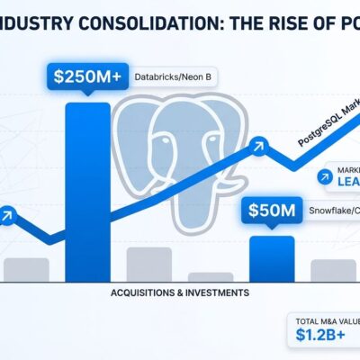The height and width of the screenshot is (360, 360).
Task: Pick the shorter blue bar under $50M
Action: [x=271, y=258]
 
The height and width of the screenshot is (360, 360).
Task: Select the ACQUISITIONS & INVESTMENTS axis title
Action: [x=180, y=293]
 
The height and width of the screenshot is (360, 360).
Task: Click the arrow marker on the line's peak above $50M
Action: [x=259, y=143]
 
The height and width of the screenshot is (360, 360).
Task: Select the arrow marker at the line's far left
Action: [x=7, y=215]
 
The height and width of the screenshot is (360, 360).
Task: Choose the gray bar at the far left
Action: [x=26, y=269]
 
